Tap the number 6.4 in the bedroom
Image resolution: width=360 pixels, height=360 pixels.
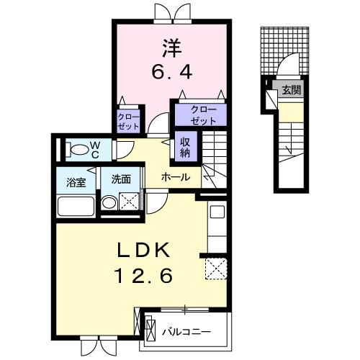coord(171,72)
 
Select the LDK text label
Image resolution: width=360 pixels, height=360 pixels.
coord(145,250)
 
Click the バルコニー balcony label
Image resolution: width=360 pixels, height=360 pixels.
coord(186,333)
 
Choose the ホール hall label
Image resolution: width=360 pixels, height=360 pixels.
coord(176,177)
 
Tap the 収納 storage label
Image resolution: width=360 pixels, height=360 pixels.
coord(185,147)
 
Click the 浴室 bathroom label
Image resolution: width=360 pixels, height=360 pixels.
coord(77,181)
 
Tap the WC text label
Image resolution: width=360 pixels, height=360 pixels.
coord(94,150)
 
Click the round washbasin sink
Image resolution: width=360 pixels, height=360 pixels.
coord(109,204)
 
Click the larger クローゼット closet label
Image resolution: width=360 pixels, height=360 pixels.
coord(199,114)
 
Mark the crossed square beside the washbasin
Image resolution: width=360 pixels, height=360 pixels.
coord(129,204)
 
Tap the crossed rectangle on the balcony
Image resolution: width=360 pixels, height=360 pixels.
coord(150,330)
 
